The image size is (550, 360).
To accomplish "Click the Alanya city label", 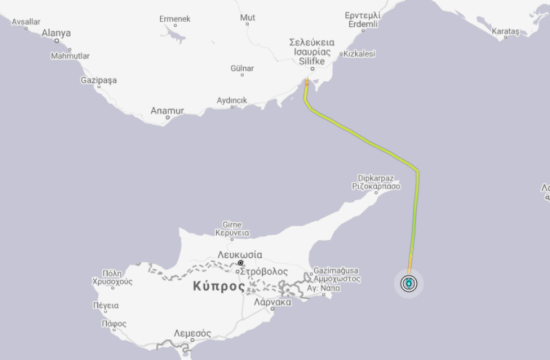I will pyautogui.click(x=56, y=33).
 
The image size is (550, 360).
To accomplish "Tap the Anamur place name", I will pyautogui.click(x=167, y=111).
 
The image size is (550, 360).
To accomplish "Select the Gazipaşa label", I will pyautogui.click(x=99, y=81).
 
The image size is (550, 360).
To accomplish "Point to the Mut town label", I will pyautogui.click(x=247, y=17).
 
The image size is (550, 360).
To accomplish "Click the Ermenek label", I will pyautogui.click(x=174, y=19).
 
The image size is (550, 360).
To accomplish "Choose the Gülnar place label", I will pyautogui.click(x=242, y=68).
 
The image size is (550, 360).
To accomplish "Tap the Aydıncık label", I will pyautogui.click(x=232, y=100).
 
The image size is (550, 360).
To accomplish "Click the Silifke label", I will pyautogui.click(x=312, y=62).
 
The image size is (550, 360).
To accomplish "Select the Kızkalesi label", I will pyautogui.click(x=359, y=54).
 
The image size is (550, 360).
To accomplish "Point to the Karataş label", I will pyautogui.click(x=506, y=31).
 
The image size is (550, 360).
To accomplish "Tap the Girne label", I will pyautogui.click(x=232, y=225).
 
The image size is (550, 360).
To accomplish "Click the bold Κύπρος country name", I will pyautogui.click(x=219, y=286).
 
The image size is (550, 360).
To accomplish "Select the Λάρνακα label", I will pyautogui.click(x=272, y=302).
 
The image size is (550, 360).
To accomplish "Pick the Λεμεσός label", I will pyautogui.click(x=192, y=332).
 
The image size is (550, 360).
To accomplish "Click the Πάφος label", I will pyautogui.click(x=113, y=324).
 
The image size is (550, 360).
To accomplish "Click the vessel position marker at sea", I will pyautogui.click(x=409, y=284).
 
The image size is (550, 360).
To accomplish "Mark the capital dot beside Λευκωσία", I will pyautogui.click(x=240, y=263).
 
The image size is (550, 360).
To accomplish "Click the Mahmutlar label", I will pyautogui.click(x=70, y=56).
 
